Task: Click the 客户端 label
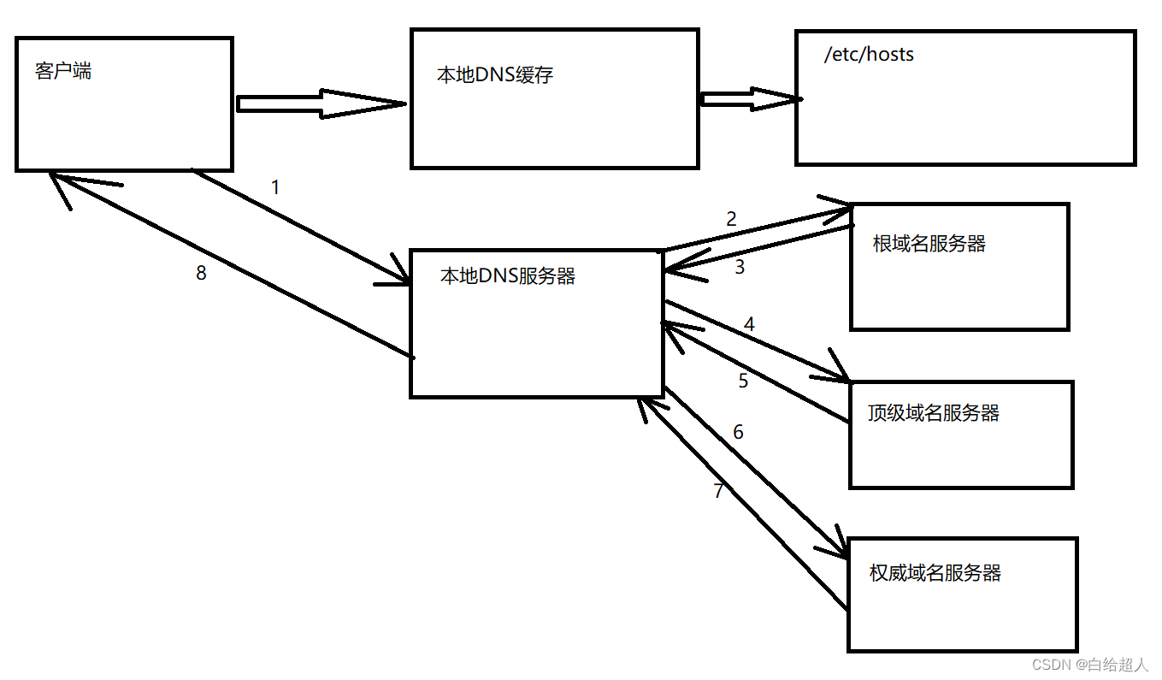pos(63,71)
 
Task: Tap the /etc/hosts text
pos(869,55)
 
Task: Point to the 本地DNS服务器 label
pos(508,276)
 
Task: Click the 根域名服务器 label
pos(929,244)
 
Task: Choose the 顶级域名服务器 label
pos(934,413)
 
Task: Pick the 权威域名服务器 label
pos(935,573)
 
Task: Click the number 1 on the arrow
pos(275,187)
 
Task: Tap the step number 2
pos(731,219)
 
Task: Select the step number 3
pos(740,267)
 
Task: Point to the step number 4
pos(749,325)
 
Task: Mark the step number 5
pos(743,381)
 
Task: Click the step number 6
pos(738,433)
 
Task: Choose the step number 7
pos(718,492)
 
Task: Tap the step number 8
pos(201,275)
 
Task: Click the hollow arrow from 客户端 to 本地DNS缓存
pos(321,104)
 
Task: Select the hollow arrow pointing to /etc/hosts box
pos(751,99)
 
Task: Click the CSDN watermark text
pos(1088,665)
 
